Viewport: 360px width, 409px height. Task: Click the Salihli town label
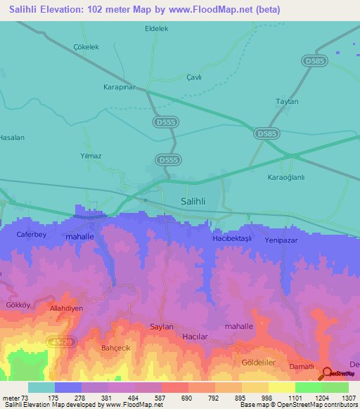pos(188,201)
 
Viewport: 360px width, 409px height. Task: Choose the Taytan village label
pos(287,102)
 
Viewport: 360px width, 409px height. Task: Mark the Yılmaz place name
pos(91,156)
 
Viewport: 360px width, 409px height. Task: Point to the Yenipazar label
pos(283,240)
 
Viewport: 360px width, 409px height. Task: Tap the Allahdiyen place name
pos(66,309)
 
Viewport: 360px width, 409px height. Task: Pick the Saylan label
pos(162,327)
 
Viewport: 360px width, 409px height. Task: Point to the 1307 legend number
pos(348,398)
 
